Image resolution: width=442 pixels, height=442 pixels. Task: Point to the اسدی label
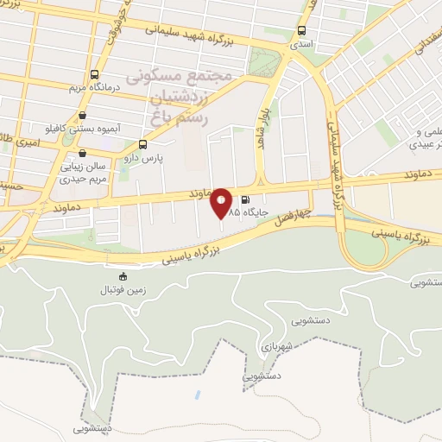301,42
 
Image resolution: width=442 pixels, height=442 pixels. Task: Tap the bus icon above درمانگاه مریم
94,74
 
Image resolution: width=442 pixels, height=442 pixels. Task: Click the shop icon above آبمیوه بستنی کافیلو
82,115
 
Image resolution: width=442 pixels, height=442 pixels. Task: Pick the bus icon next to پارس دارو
142,145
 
